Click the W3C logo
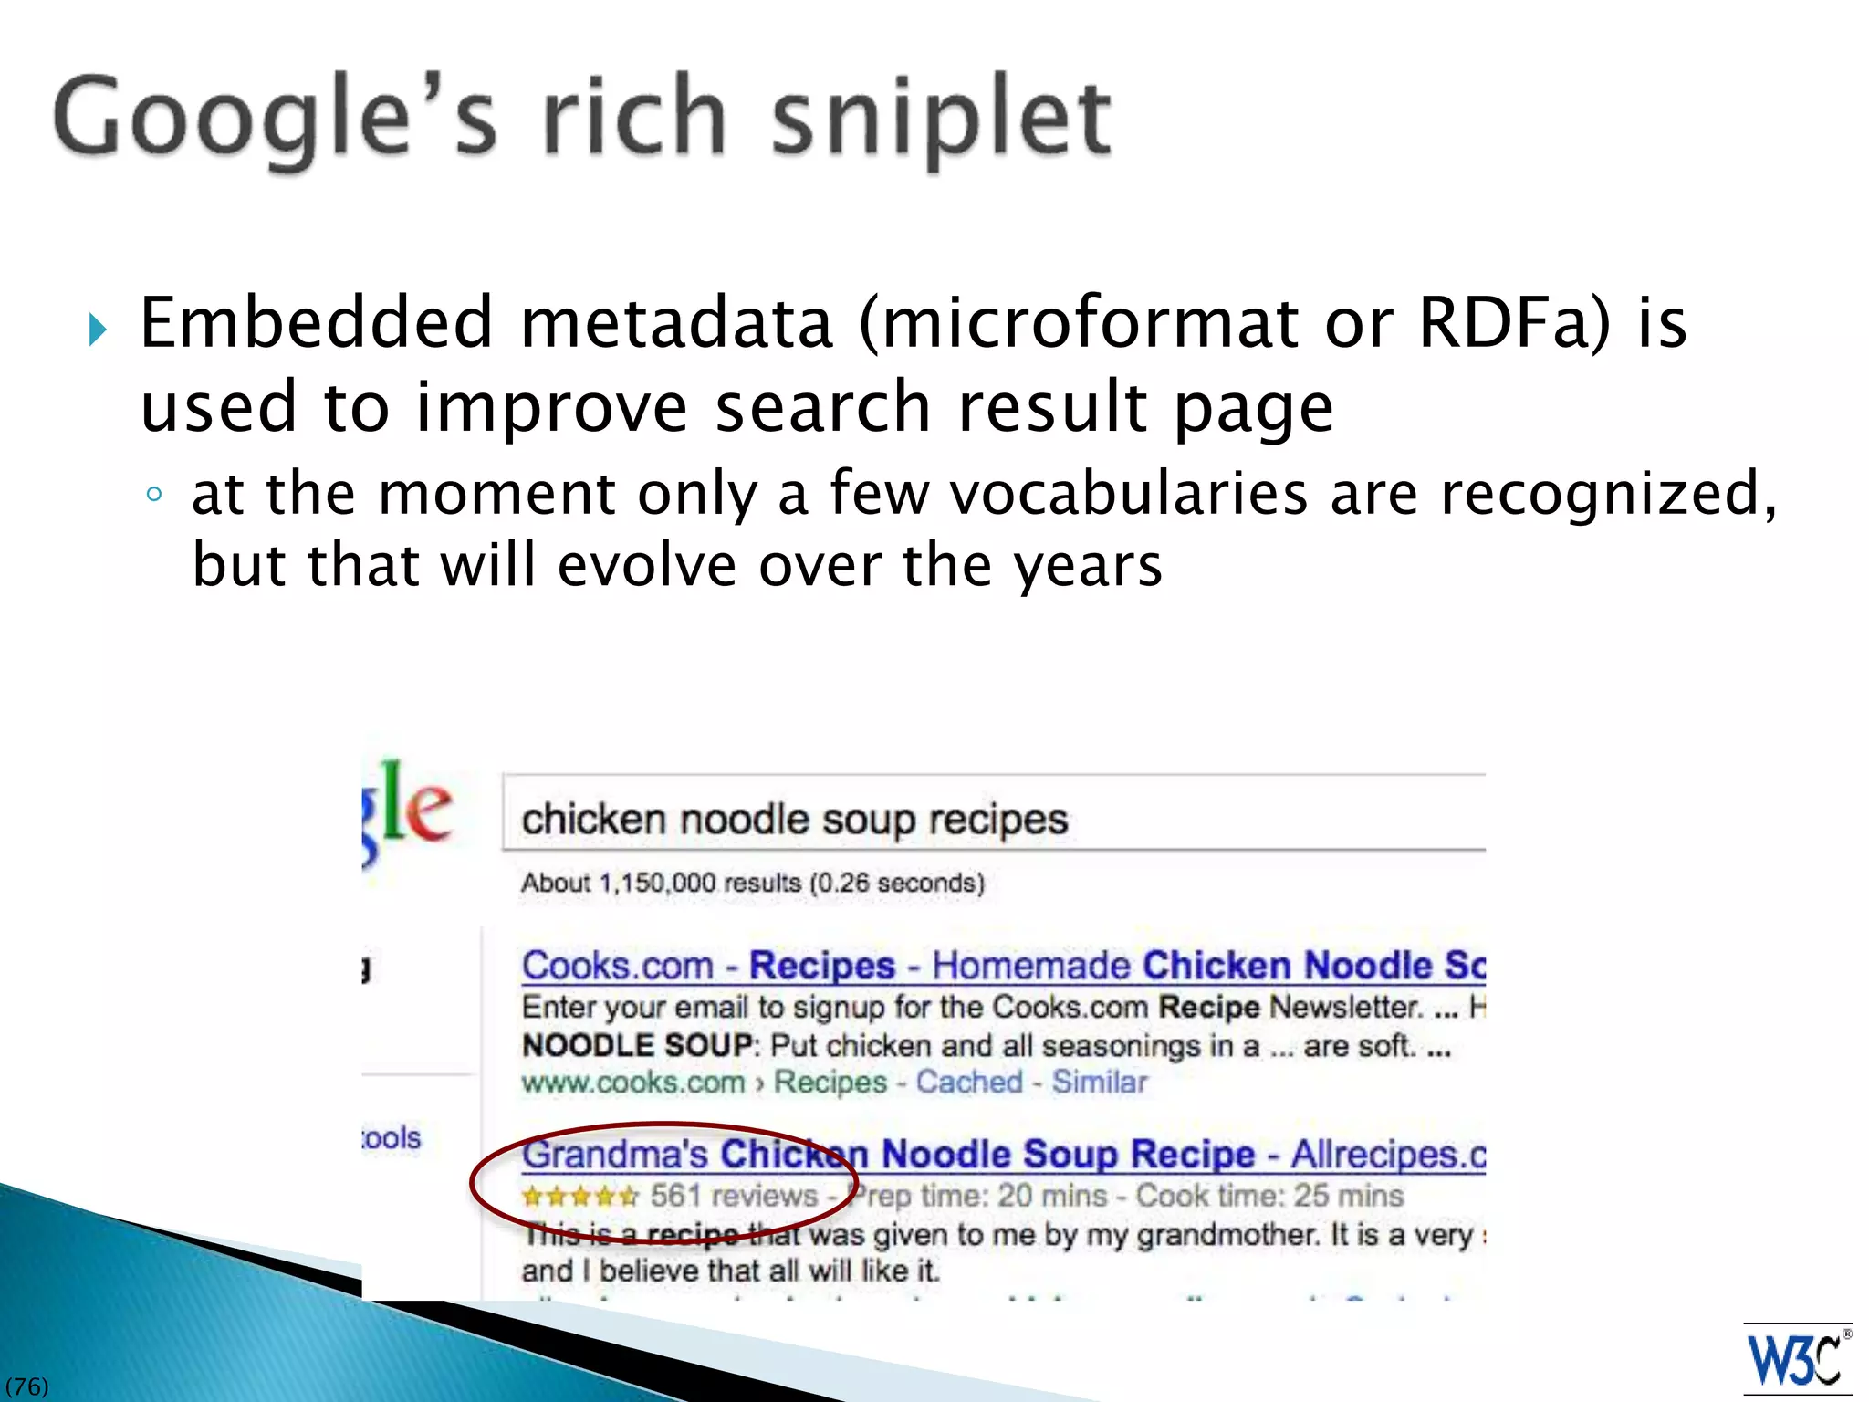pos(1796,1359)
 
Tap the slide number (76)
pos(26,1386)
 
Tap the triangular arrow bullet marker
pos(99,330)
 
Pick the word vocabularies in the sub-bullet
pos(1129,494)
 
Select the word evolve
pos(646,565)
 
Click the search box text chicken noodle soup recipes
pos(794,819)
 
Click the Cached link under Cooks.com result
pos(969,1082)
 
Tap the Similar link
pos(1099,1082)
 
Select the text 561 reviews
pos(734,1196)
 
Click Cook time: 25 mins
pos(1269,1196)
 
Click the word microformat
pos(1078,323)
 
